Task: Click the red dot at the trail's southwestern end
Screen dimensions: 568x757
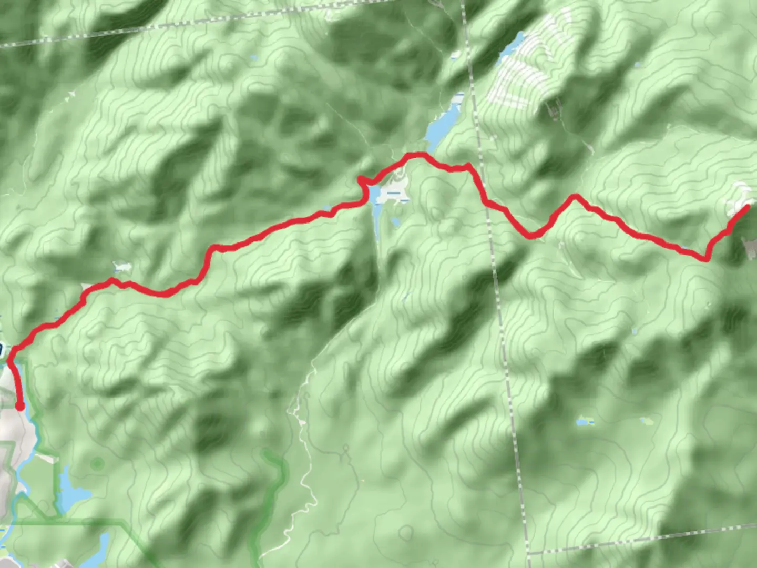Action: point(19,406)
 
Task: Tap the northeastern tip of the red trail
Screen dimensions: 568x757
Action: point(746,207)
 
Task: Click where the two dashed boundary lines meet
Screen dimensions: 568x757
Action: point(528,553)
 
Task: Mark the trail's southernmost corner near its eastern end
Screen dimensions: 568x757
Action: point(706,258)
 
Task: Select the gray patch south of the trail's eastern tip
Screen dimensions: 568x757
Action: point(749,247)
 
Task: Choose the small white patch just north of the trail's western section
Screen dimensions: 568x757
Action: point(122,268)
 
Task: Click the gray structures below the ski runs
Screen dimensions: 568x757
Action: point(553,109)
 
